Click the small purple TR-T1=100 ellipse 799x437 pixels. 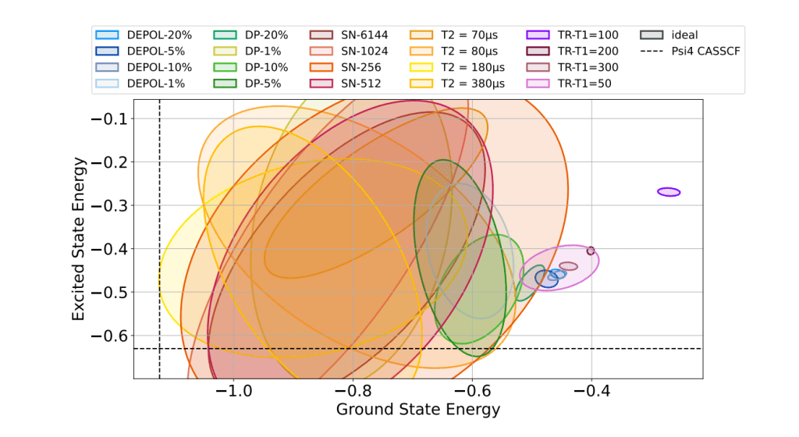pyautogui.click(x=669, y=192)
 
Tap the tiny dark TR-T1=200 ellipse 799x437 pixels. pyautogui.click(x=591, y=250)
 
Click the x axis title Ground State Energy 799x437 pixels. pyautogui.click(x=417, y=409)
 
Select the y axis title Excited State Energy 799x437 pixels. pyautogui.click(x=78, y=239)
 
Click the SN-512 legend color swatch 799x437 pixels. pyautogui.click(x=320, y=84)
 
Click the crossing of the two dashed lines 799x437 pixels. pyautogui.click(x=160, y=349)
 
